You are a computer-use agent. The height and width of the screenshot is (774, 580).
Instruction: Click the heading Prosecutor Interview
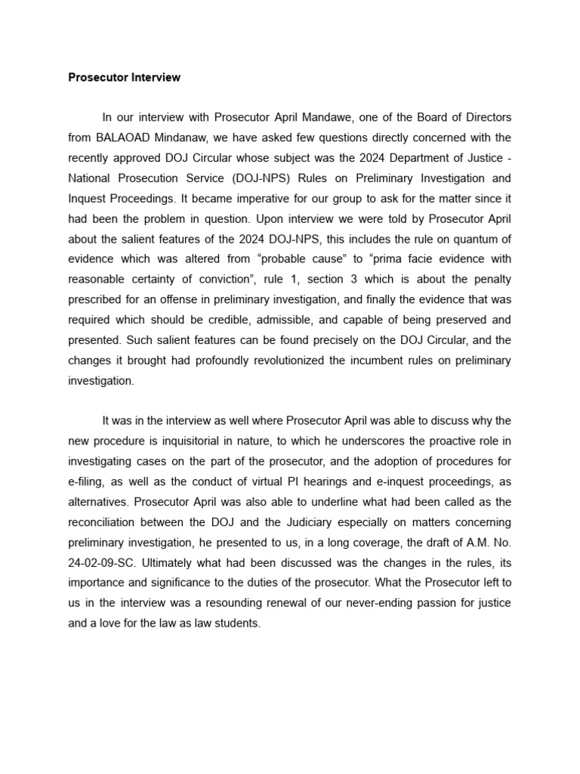point(125,77)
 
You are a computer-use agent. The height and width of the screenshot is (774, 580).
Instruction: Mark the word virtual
point(301,481)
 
